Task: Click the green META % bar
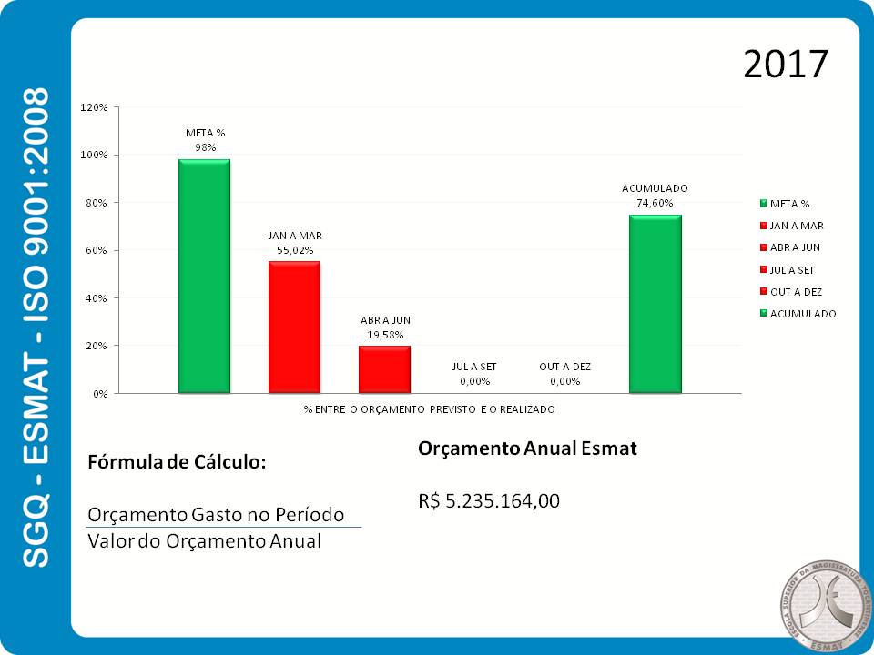pyautogui.click(x=204, y=277)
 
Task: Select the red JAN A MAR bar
pyautogui.click(x=294, y=327)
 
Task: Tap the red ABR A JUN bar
pyautogui.click(x=384, y=369)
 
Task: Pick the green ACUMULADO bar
pyautogui.click(x=655, y=304)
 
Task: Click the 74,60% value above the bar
pyautogui.click(x=655, y=204)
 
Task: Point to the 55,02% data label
pyautogui.click(x=294, y=249)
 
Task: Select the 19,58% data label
pyautogui.click(x=384, y=335)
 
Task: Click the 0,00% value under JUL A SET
pyautogui.click(x=474, y=381)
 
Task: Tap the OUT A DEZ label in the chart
pyautogui.click(x=564, y=367)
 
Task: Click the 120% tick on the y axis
pyautogui.click(x=95, y=107)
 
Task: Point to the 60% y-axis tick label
pyautogui.click(x=97, y=250)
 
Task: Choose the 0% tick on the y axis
pyautogui.click(x=100, y=394)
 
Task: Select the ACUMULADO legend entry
pyautogui.click(x=802, y=314)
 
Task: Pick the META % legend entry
pyautogui.click(x=789, y=204)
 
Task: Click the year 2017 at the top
pyautogui.click(x=785, y=65)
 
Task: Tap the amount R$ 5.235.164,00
pyautogui.click(x=489, y=500)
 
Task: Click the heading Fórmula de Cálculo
pyautogui.click(x=177, y=461)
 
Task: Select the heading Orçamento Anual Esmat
pyautogui.click(x=527, y=448)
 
